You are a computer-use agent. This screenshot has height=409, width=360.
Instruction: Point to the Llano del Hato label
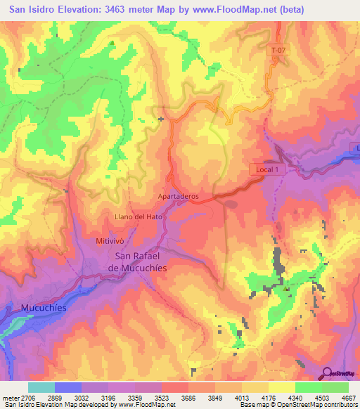(x=139, y=216)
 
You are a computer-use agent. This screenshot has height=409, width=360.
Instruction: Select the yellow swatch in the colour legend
(x=281, y=387)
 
